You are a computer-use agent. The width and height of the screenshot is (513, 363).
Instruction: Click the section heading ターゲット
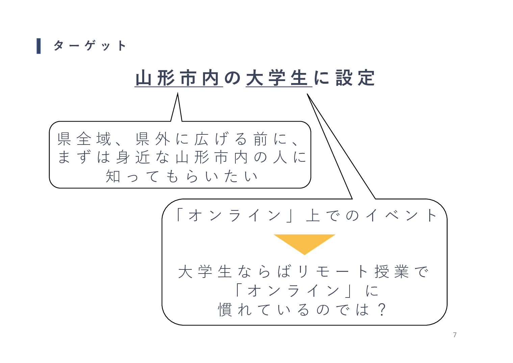click(x=90, y=46)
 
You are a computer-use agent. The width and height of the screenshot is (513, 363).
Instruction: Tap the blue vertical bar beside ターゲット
click(x=39, y=46)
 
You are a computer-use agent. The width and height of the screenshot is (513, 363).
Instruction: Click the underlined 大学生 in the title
click(x=278, y=78)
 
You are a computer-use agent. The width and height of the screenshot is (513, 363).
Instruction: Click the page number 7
click(x=455, y=335)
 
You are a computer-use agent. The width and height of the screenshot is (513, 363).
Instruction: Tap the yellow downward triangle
click(x=304, y=242)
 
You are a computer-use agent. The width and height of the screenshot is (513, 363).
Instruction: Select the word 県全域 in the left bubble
click(x=84, y=139)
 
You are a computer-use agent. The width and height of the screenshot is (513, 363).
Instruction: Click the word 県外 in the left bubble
click(x=153, y=139)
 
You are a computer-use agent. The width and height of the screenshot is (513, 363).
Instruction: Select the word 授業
click(x=392, y=271)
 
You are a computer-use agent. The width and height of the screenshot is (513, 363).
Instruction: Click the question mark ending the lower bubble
click(x=382, y=309)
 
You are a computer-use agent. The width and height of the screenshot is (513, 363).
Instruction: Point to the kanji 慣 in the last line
click(x=225, y=309)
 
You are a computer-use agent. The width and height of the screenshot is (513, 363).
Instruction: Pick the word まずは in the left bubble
click(x=84, y=157)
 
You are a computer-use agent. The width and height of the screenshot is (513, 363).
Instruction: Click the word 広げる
click(x=221, y=139)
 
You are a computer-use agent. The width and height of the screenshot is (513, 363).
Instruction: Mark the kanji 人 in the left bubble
click(x=280, y=157)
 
